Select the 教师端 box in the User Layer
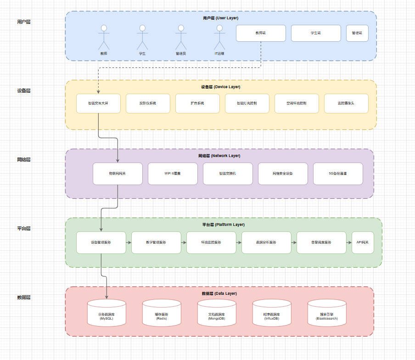coord(261,33)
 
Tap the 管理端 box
coord(357,33)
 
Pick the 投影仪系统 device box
coord(148,103)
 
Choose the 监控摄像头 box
coord(346,103)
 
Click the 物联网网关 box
coord(118,174)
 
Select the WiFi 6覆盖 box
coord(173,174)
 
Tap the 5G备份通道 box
coord(338,174)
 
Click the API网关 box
coord(363,242)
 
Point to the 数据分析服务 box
coord(266,242)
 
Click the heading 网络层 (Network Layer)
coord(219,156)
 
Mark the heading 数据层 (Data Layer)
coord(219,293)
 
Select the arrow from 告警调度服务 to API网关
coord(349,242)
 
